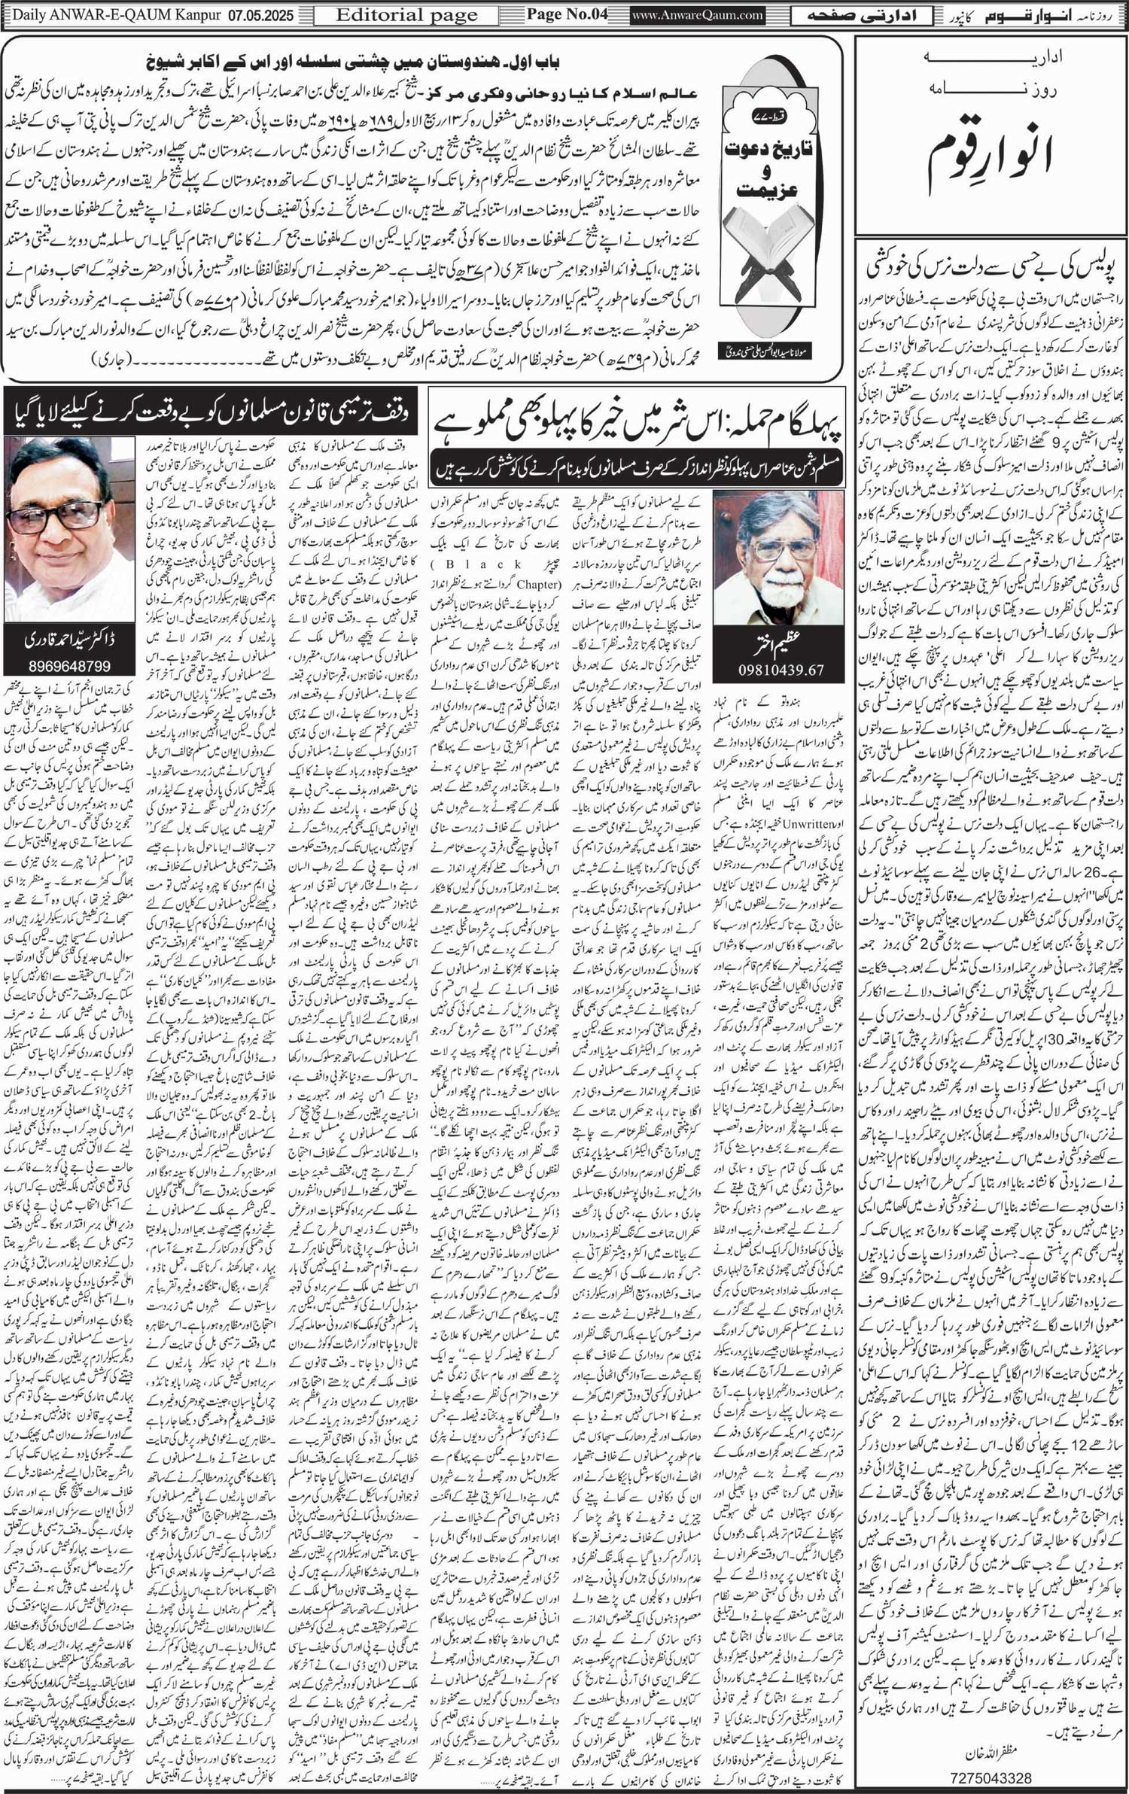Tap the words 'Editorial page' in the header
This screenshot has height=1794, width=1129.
[406, 15]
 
